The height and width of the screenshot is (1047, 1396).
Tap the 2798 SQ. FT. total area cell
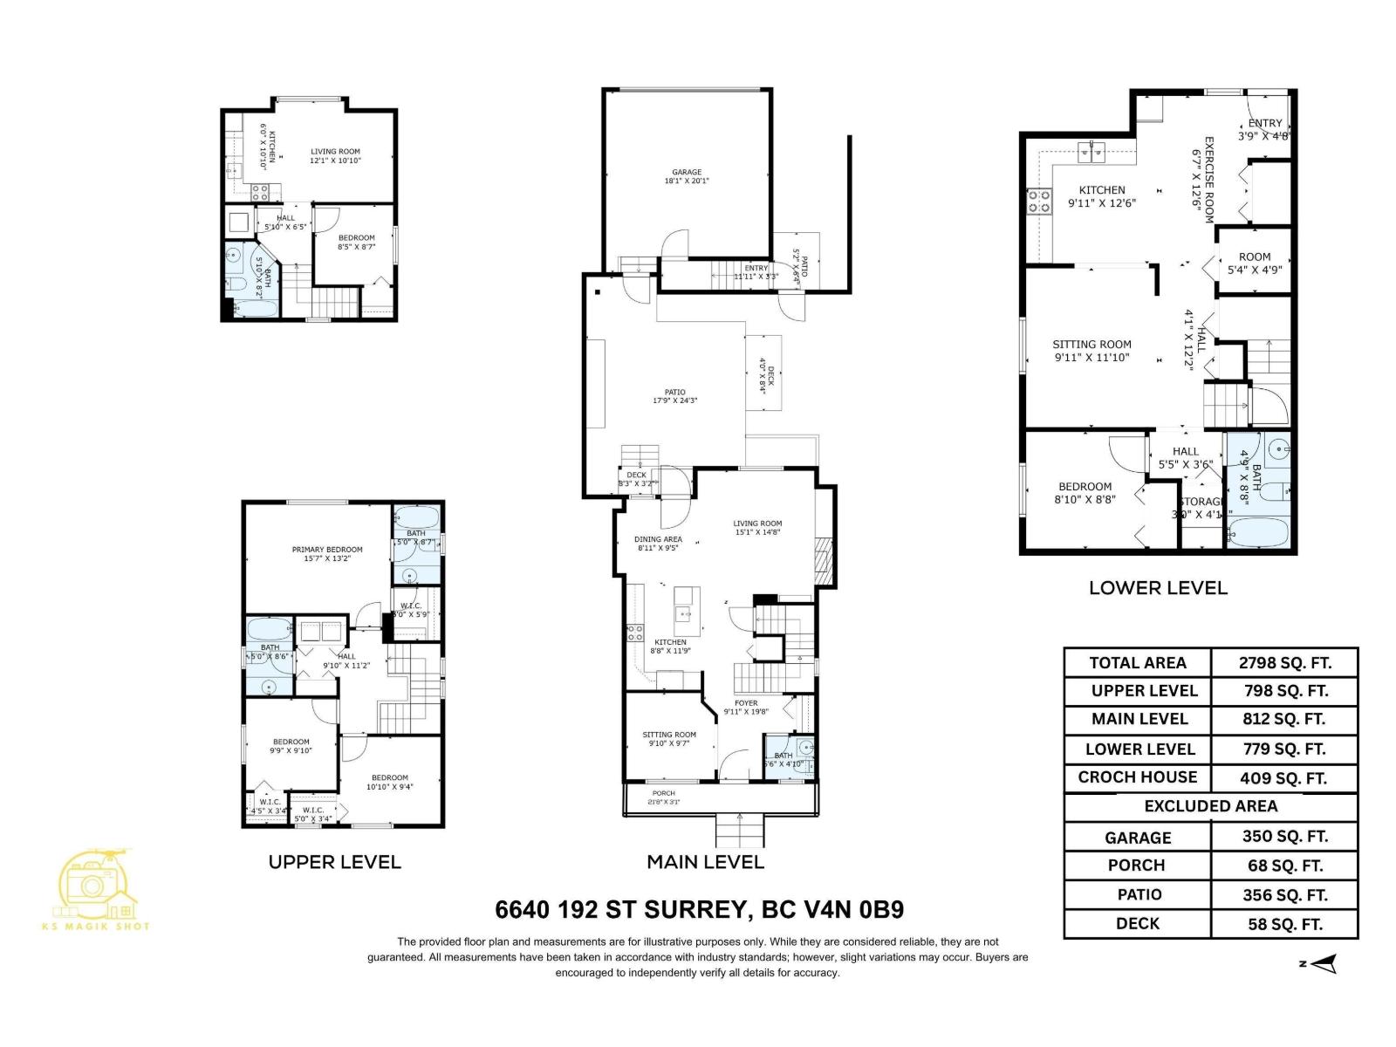point(1284,662)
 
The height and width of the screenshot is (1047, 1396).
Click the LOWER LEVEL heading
point(1157,587)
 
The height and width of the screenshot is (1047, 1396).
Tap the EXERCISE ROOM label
point(1204,180)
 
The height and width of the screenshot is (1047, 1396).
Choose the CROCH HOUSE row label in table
point(1137,777)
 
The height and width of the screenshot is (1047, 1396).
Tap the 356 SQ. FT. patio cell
point(1284,894)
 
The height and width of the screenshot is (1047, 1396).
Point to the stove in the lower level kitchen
point(1039,202)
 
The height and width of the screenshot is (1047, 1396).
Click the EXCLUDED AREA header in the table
point(1210,806)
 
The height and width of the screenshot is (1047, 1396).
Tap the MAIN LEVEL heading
point(705,862)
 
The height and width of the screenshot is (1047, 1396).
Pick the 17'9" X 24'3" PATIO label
point(674,396)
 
